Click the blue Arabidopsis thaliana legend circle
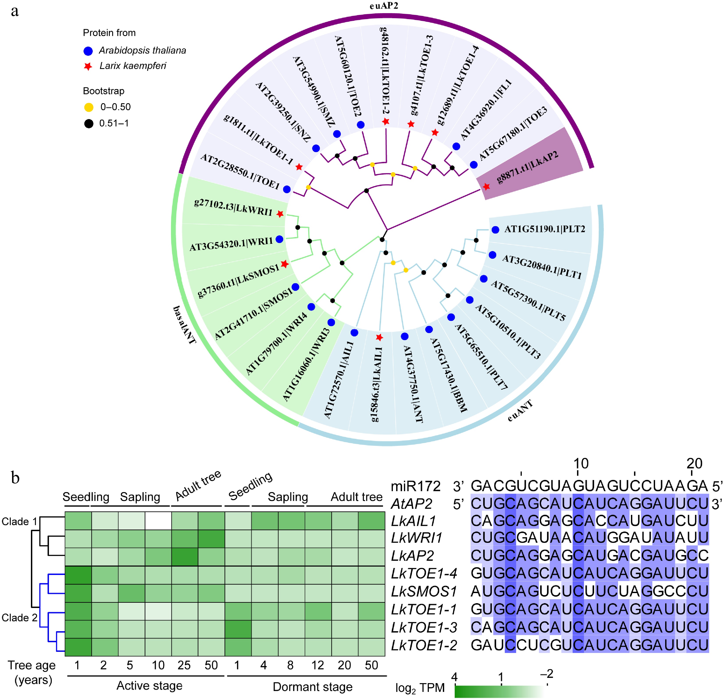pos(88,51)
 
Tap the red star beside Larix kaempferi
pos(88,67)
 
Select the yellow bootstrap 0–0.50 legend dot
pos(89,107)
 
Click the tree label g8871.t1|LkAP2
pos(527,167)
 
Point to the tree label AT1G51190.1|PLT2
pos(545,229)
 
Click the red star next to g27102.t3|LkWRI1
pos(280,214)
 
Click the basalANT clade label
pos(184,325)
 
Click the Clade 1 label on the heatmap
pos(20,521)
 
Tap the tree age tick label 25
pos(184,665)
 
